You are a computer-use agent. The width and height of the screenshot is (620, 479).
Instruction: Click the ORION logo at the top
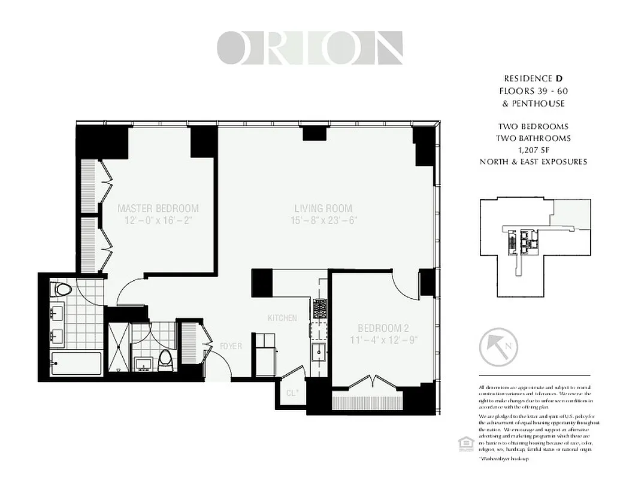(x=309, y=48)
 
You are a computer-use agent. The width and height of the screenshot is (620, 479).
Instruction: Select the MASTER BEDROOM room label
(x=158, y=208)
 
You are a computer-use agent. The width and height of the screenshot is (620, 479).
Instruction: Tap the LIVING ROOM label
(x=323, y=208)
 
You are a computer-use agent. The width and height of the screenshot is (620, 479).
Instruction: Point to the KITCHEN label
(x=282, y=318)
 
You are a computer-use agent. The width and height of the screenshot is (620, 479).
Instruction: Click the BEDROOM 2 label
(x=383, y=328)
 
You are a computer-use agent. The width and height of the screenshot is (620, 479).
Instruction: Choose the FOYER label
(x=231, y=346)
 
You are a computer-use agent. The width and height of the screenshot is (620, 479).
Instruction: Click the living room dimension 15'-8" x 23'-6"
(x=323, y=220)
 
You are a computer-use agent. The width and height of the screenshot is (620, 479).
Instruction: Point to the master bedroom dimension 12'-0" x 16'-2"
(x=158, y=220)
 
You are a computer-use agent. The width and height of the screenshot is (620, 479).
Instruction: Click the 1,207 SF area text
(x=533, y=150)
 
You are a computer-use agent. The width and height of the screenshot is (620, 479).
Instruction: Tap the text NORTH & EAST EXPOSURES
(x=533, y=162)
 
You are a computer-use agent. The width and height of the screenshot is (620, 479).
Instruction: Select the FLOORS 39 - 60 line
(x=533, y=91)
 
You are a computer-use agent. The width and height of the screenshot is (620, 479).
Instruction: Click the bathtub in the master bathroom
(x=75, y=363)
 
